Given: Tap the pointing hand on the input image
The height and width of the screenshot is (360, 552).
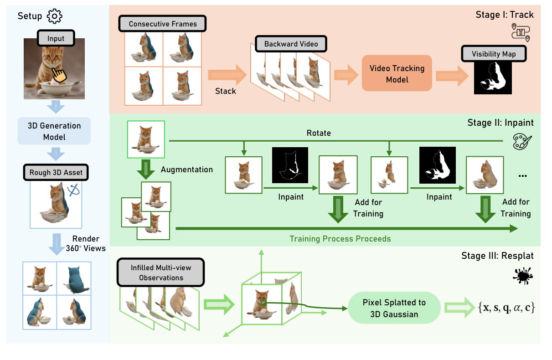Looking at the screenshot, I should click(58, 73).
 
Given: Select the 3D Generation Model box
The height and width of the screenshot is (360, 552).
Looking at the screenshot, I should click(55, 131).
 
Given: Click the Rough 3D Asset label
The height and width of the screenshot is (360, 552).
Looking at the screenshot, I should click(56, 172).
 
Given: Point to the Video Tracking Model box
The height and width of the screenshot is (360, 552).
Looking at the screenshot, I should click(397, 74).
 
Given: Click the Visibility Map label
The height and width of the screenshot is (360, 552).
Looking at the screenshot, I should click(494, 54).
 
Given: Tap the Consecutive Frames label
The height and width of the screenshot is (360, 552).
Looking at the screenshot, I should click(163, 24).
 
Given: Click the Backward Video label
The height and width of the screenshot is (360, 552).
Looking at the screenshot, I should click(291, 44).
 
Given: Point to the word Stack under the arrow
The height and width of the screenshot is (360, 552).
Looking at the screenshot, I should click(226, 91).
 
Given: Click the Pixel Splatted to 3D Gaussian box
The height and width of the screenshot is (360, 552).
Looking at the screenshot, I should click(394, 308).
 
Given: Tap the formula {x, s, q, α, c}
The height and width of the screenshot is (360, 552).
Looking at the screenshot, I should click(506, 308).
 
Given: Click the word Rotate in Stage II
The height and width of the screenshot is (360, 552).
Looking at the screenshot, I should click(319, 133).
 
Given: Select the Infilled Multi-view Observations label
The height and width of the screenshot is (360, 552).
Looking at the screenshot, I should click(161, 273).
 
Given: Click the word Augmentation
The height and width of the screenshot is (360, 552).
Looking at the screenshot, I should click(187, 170).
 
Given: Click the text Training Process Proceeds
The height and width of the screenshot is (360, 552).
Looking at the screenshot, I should click(340, 238).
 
